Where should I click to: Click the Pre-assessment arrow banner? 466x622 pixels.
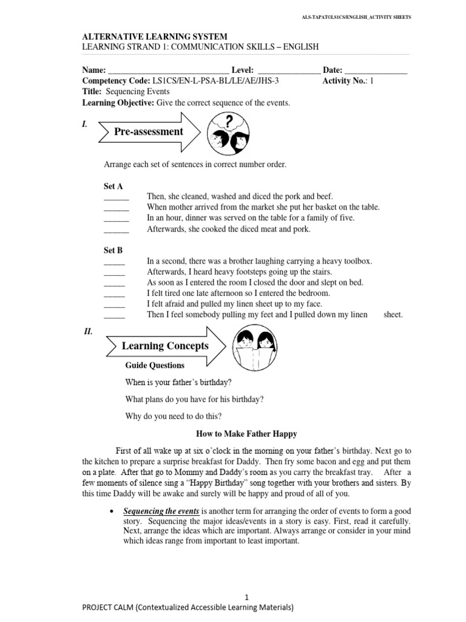149,131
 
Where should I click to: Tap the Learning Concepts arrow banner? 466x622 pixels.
164,346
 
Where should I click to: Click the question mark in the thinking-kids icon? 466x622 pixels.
229,121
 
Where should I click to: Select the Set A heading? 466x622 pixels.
113,185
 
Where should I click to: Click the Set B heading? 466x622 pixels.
113,250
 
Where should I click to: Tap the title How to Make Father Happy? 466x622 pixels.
247,434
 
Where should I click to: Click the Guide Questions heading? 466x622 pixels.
155,366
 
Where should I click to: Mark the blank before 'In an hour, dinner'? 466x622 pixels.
116,218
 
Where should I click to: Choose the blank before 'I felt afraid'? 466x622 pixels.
114,304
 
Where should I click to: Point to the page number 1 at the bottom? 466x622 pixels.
247,597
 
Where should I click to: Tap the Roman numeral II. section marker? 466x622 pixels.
88,332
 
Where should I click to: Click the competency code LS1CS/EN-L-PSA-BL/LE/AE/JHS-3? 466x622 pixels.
216,81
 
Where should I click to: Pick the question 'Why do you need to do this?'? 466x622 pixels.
174,416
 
